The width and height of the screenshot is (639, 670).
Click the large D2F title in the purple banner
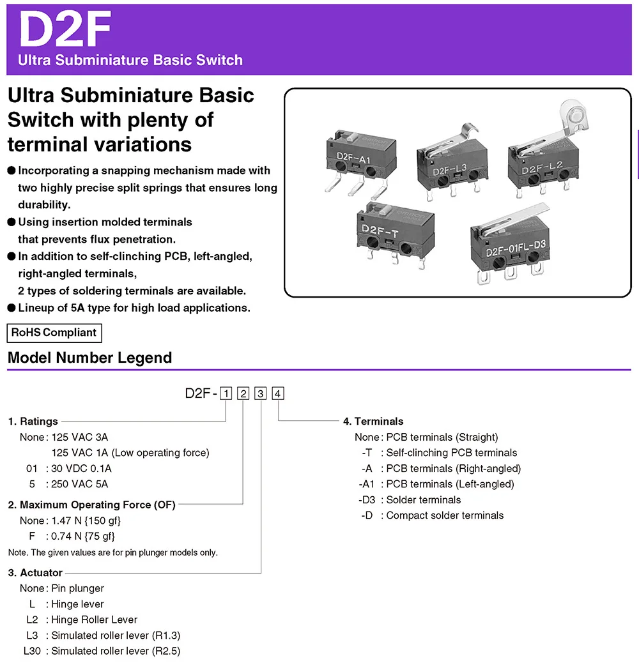pyautogui.click(x=66, y=29)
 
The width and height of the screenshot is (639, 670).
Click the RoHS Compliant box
pyautogui.click(x=54, y=333)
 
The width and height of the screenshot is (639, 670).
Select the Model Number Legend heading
pyautogui.click(x=89, y=358)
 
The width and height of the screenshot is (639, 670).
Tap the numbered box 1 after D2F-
pyautogui.click(x=226, y=394)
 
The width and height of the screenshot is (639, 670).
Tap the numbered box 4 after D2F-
pyautogui.click(x=278, y=394)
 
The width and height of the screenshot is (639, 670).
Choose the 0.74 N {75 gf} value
pyautogui.click(x=83, y=537)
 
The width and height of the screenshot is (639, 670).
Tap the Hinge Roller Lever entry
pyautogui.click(x=95, y=620)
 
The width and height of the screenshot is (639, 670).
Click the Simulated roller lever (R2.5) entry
pyautogui.click(x=116, y=651)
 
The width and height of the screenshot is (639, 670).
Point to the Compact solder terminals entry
pyautogui.click(x=445, y=515)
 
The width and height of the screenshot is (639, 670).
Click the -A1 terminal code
pyautogui.click(x=367, y=484)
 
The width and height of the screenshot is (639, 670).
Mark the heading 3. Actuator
pyautogui.click(x=35, y=573)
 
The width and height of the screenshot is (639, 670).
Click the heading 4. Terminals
pyautogui.click(x=373, y=422)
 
